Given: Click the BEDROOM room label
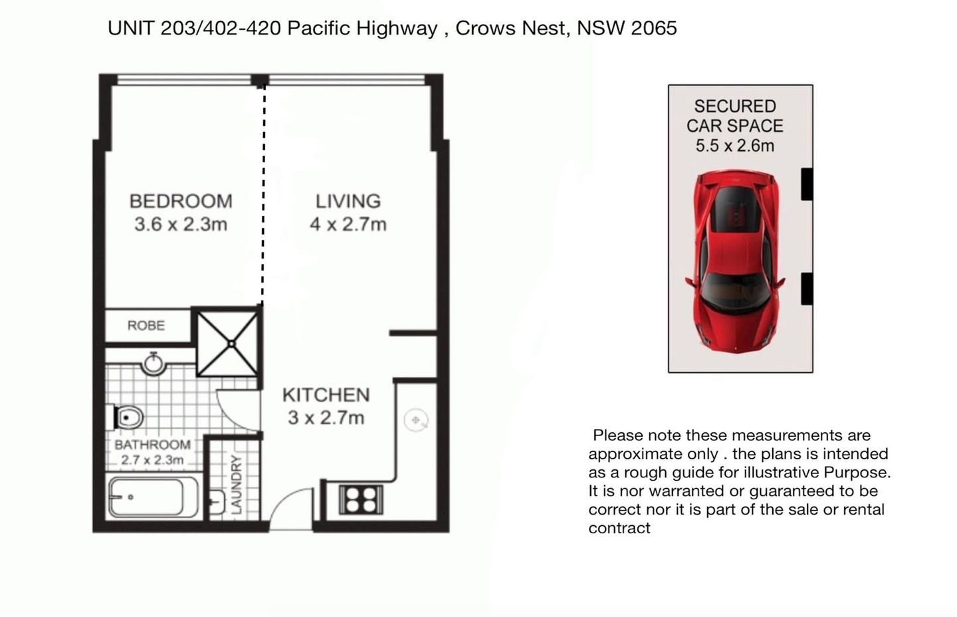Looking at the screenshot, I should [x=180, y=201].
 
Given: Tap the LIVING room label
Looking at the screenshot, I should [x=348, y=201].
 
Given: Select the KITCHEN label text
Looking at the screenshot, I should [x=326, y=395].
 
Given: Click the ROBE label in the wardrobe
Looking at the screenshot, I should [x=146, y=326].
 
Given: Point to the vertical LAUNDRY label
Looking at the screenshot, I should [x=235, y=484].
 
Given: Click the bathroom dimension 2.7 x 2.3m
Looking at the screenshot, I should [x=152, y=460].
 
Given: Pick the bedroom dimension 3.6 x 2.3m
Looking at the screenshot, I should [x=180, y=224].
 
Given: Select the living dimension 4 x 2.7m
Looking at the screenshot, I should [x=348, y=224].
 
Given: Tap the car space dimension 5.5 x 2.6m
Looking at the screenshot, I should [x=734, y=146].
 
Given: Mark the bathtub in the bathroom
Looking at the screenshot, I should [x=153, y=497].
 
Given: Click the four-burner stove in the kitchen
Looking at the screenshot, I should [x=361, y=499].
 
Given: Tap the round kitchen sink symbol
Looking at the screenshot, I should [x=416, y=420].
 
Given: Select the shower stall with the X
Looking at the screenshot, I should [x=228, y=343].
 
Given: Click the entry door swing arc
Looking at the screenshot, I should [x=292, y=509].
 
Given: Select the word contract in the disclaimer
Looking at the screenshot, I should [x=619, y=529].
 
